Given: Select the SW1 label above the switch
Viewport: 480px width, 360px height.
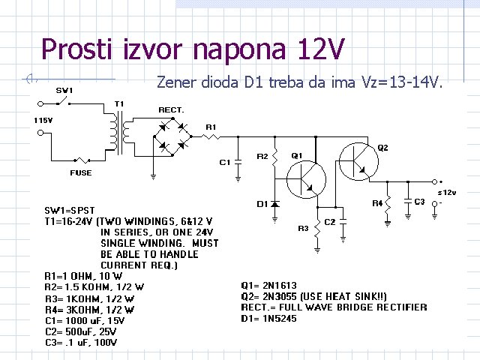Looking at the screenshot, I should [64, 91].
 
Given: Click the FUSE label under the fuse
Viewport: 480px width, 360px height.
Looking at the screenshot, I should [81, 173].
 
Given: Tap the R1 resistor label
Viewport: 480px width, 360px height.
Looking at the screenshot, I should [211, 127].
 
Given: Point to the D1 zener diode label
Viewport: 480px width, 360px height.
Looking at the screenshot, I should [262, 204].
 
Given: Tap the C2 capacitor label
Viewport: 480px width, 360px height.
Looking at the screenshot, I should [330, 222].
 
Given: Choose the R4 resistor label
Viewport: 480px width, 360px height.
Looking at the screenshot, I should [376, 203].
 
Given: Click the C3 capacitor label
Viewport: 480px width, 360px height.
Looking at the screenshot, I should [420, 202].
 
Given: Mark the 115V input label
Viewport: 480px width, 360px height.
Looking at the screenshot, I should [42, 120].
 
